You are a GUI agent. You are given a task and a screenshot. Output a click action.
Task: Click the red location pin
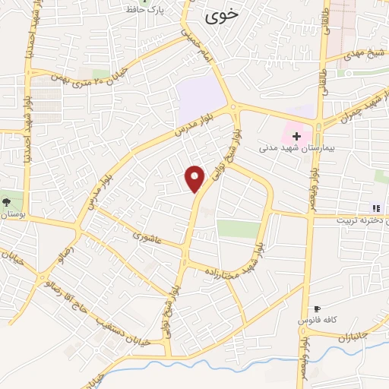[x=196, y=178]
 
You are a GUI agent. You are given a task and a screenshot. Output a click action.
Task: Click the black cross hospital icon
[x=296, y=136]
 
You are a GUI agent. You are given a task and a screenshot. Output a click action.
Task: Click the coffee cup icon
[x=318, y=309]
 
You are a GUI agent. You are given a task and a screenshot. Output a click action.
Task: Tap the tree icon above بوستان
[x=7, y=202]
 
